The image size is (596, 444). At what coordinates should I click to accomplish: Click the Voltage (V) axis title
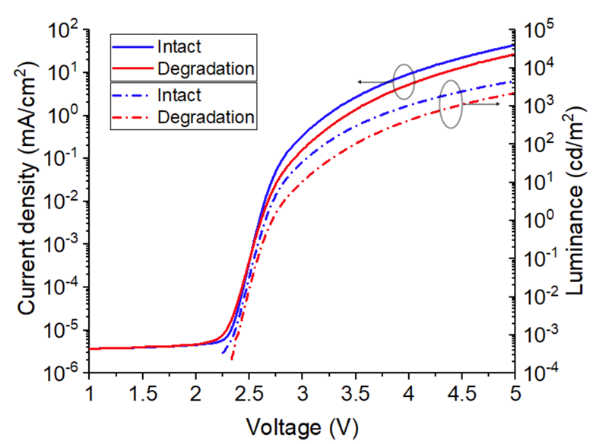click(x=303, y=425)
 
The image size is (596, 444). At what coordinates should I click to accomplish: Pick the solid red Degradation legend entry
click(x=205, y=68)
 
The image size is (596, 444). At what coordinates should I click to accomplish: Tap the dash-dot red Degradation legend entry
click(x=205, y=117)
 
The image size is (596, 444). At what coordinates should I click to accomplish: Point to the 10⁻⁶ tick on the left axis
click(x=65, y=373)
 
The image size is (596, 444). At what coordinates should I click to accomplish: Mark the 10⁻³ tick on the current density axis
click(x=65, y=245)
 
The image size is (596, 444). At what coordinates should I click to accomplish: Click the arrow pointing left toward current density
click(x=376, y=81)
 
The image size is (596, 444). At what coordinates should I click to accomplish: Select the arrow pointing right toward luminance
click(x=482, y=104)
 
